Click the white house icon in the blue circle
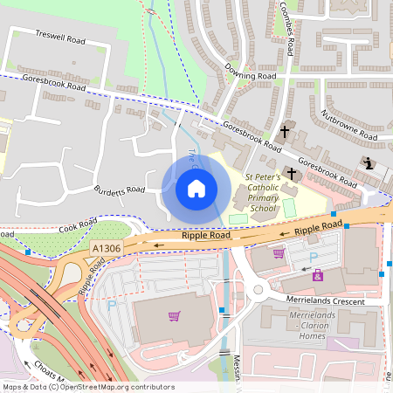click(x=196, y=189)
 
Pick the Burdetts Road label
click(x=120, y=190)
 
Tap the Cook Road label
click(x=76, y=225)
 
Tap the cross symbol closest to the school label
click(x=291, y=174)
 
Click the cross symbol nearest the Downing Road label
click(x=285, y=133)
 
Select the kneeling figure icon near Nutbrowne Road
click(x=369, y=163)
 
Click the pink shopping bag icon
click(x=317, y=275)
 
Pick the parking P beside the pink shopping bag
click(x=314, y=257)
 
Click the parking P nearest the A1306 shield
click(x=111, y=306)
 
